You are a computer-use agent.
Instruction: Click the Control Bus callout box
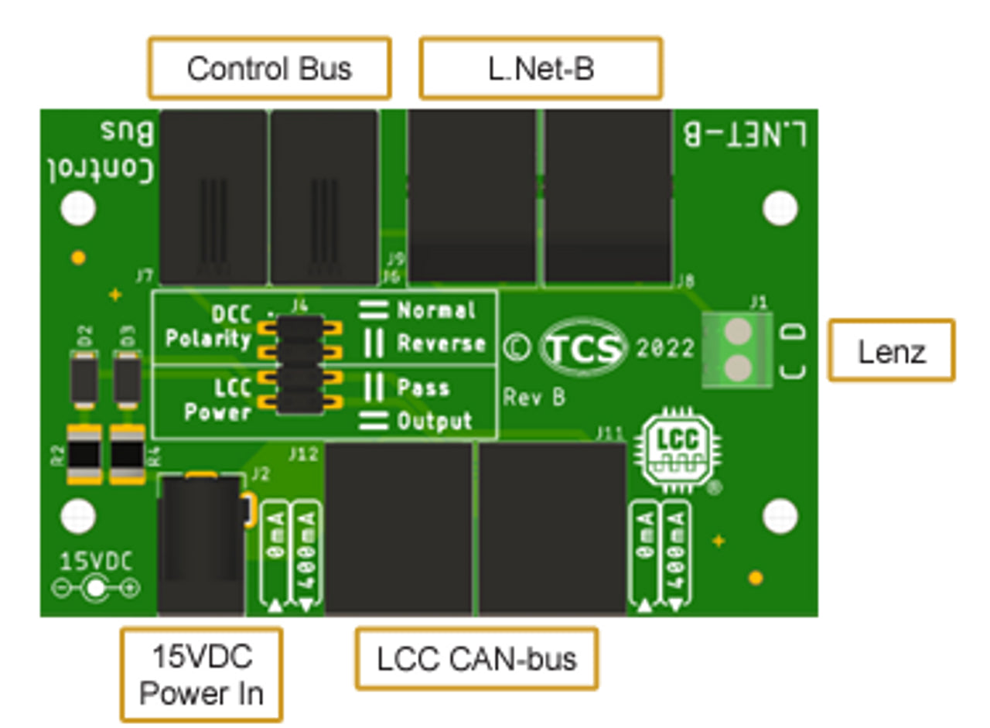click(269, 69)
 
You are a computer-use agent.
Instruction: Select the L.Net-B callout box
click(541, 69)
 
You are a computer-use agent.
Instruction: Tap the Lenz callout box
click(891, 350)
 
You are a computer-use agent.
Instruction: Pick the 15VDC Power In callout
click(201, 675)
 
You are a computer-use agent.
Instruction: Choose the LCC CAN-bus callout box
click(476, 659)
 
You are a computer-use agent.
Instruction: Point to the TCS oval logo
click(583, 349)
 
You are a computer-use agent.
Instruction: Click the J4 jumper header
click(300, 364)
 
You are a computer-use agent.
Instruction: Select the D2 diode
click(84, 378)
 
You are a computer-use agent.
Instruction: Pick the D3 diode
click(127, 378)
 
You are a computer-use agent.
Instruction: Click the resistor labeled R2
click(84, 455)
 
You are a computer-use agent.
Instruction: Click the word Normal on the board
click(436, 311)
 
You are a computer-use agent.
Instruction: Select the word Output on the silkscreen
click(434, 422)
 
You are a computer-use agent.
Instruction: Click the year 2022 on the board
click(665, 349)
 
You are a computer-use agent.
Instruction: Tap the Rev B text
click(534, 398)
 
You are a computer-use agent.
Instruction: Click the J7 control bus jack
click(213, 197)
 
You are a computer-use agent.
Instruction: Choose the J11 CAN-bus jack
click(552, 529)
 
